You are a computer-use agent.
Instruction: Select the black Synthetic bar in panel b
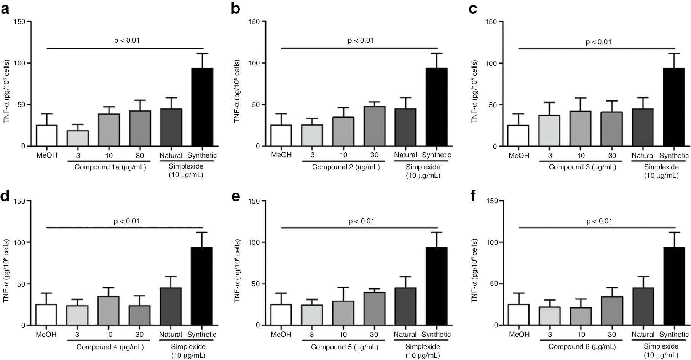pyautogui.click(x=436, y=107)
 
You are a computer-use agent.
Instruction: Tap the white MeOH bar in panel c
pyautogui.click(x=518, y=136)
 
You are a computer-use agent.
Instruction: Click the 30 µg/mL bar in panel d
pyautogui.click(x=140, y=315)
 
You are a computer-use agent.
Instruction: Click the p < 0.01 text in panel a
pyautogui.click(x=127, y=40)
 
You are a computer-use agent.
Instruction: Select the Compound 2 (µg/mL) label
pyautogui.click(x=346, y=167)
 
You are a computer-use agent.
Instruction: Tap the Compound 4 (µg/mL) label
pyautogui.click(x=110, y=347)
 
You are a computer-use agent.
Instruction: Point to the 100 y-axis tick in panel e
pyautogui.click(x=254, y=242)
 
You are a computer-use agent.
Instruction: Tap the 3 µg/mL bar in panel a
pyautogui.click(x=78, y=138)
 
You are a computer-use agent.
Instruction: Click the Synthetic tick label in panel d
pyautogui.click(x=202, y=335)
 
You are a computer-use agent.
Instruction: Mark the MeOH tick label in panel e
pyautogui.click(x=281, y=335)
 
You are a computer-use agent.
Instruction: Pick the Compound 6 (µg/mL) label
pyautogui.click(x=582, y=347)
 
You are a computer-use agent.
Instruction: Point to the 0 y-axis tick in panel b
pyautogui.click(x=257, y=146)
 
